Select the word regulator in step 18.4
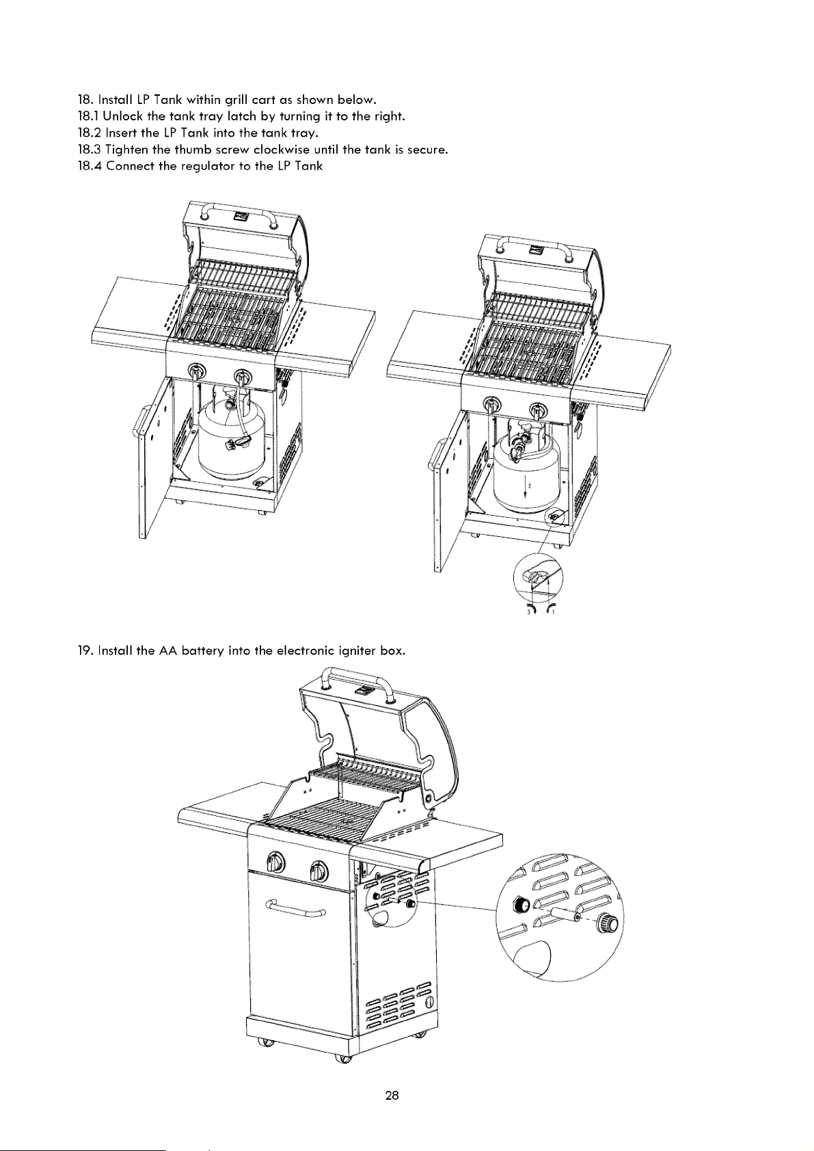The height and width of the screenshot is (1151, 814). [x=207, y=167]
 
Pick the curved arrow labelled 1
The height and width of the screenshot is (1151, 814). [x=550, y=609]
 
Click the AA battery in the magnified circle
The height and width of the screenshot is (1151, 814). [x=565, y=914]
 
